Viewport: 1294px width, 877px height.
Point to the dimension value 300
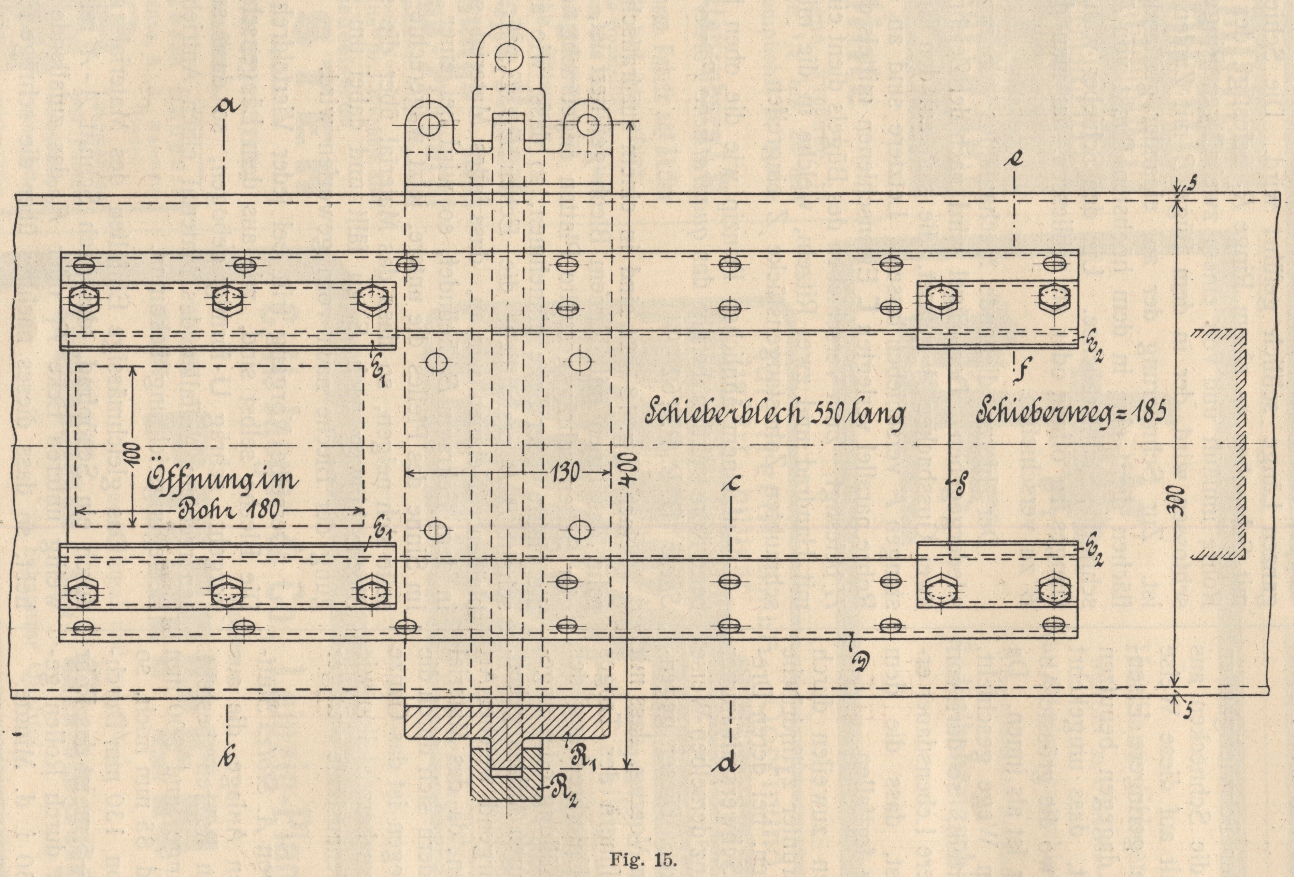(1183, 501)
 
